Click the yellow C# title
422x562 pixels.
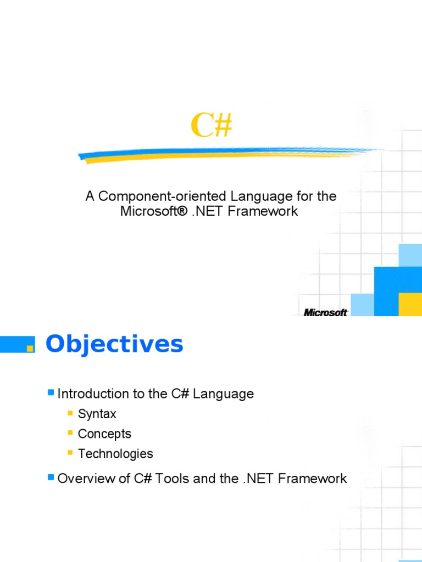coord(212,126)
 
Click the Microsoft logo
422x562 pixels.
coord(325,312)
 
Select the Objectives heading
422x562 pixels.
coord(114,344)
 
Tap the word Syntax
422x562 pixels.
coord(97,414)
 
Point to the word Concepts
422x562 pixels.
coord(104,434)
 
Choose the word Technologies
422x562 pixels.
coord(115,454)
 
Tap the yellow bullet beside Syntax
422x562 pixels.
coord(70,413)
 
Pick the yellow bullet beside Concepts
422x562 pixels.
coord(70,432)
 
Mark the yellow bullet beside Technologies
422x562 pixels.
coord(70,453)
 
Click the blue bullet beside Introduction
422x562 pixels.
coord(51,392)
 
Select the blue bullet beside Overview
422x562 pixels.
coord(51,477)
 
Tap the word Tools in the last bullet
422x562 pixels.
coord(171,479)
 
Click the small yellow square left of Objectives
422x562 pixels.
coord(30,348)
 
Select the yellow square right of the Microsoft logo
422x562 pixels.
coord(410,304)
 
